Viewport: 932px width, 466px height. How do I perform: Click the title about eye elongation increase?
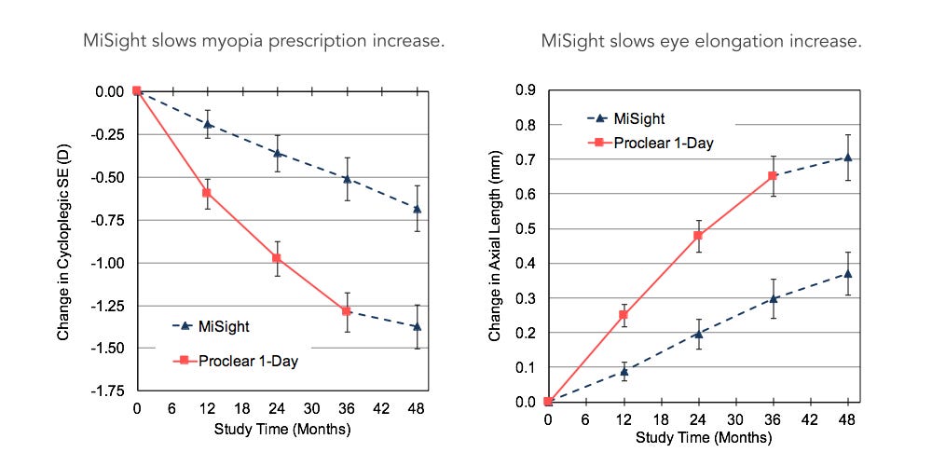[x=701, y=42]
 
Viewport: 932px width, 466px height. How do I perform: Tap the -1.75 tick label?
[x=110, y=391]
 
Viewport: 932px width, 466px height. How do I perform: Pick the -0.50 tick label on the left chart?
[x=110, y=177]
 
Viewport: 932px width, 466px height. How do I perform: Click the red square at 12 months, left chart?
[x=207, y=192]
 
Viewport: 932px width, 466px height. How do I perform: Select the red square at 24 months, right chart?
[x=698, y=235]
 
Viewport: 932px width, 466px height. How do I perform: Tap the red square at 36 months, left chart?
[x=347, y=310]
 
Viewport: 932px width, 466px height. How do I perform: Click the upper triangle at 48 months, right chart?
[x=847, y=158]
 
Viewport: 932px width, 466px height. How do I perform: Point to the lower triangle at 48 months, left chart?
[x=417, y=326]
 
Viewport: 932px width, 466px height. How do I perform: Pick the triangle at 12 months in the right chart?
[x=624, y=372]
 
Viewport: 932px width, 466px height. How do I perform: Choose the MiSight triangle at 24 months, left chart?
[x=277, y=153]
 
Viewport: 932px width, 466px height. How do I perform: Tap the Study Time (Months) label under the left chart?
[x=277, y=430]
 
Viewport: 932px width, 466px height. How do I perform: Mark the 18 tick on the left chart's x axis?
[x=241, y=407]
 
